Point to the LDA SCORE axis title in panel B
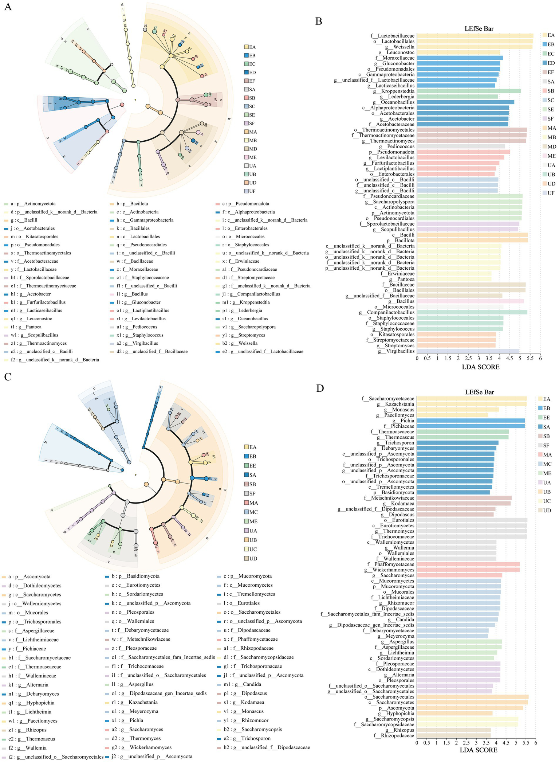[x=480, y=367]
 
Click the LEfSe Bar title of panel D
[x=479, y=392]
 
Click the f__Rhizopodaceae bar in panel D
[x=454, y=735]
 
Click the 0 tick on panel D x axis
[x=417, y=742]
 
